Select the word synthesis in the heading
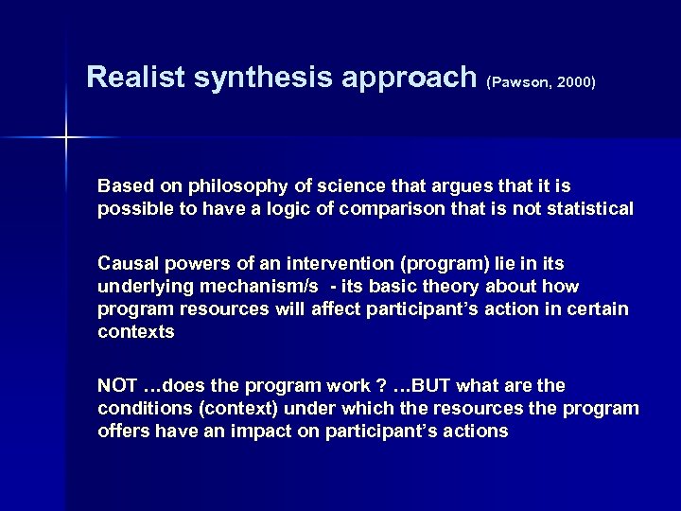click(243, 77)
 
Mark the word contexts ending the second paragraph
click(135, 332)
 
